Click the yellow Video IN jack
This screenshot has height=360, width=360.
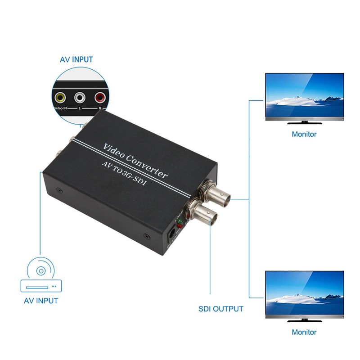click(x=60, y=96)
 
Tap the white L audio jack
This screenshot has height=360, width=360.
click(x=80, y=96)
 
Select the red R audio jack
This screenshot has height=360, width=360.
click(x=99, y=96)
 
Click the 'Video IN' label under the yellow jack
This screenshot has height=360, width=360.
click(x=61, y=108)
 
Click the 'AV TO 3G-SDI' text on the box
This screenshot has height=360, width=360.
click(x=128, y=173)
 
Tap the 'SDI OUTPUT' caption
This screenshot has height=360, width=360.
click(x=221, y=309)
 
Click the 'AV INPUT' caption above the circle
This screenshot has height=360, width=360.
click(x=76, y=59)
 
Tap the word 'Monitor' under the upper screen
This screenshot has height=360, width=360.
click(x=304, y=134)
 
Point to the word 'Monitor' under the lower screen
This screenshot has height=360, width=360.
click(x=304, y=332)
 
